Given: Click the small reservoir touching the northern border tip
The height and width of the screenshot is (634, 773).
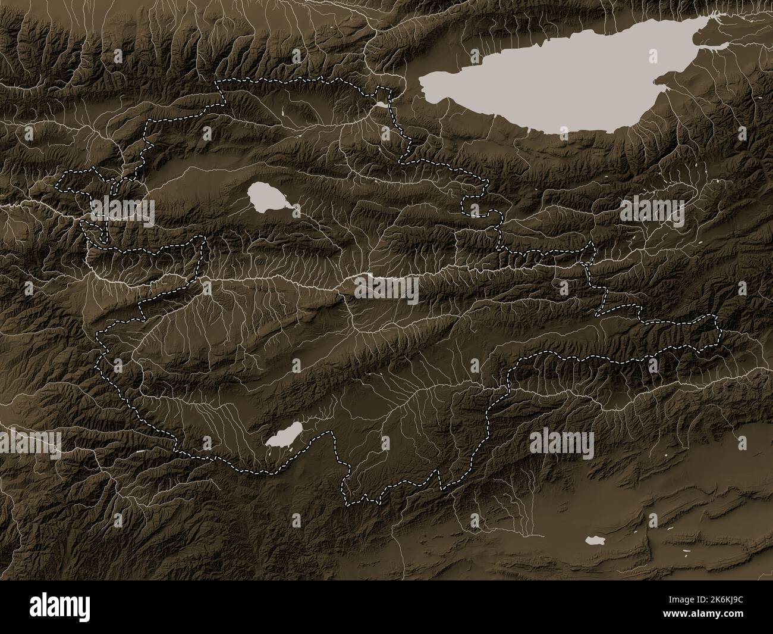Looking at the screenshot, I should point(379,105).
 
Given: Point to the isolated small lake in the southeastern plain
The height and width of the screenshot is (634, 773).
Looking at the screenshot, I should point(595,541).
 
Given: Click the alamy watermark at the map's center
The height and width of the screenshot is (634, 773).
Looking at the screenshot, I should point(386,289).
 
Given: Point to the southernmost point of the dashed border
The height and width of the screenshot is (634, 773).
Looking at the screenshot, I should point(351,505).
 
